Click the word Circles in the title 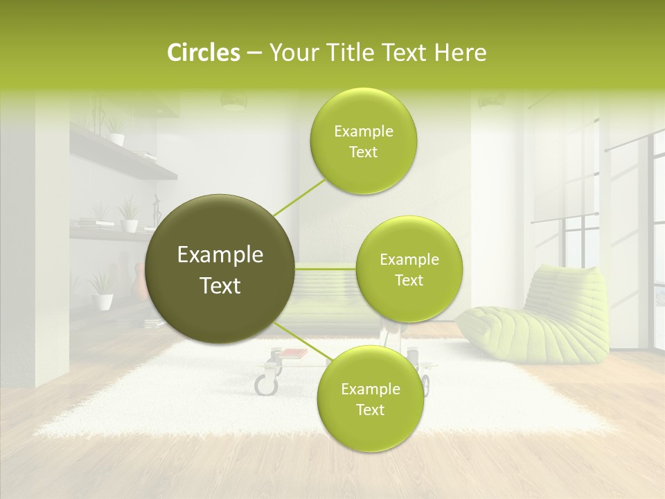203,53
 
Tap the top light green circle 363,141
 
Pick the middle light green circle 409,270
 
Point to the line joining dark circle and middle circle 326,268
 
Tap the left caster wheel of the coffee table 265,383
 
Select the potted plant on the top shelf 116,132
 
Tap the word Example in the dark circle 220,255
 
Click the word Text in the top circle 363,152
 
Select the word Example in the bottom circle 370,389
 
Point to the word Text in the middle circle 409,281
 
